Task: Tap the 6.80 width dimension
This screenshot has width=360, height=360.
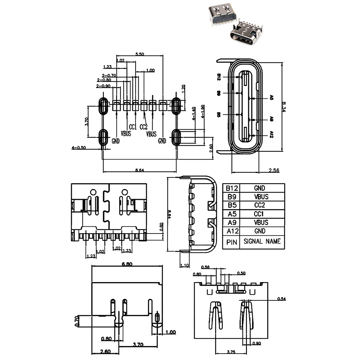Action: click(x=127, y=264)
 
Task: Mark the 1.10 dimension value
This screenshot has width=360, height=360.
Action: click(x=184, y=266)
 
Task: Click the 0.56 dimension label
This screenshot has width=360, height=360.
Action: click(x=206, y=267)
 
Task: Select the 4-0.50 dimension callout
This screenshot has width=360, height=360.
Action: click(x=79, y=148)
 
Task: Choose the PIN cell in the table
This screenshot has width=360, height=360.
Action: click(x=232, y=242)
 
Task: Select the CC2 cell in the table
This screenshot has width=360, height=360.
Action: click(x=262, y=205)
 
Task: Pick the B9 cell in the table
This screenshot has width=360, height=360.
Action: click(x=232, y=197)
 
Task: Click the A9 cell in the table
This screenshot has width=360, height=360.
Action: click(x=232, y=222)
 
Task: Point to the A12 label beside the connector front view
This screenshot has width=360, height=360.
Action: click(x=272, y=135)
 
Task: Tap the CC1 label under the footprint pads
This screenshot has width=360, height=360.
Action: click(x=133, y=127)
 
